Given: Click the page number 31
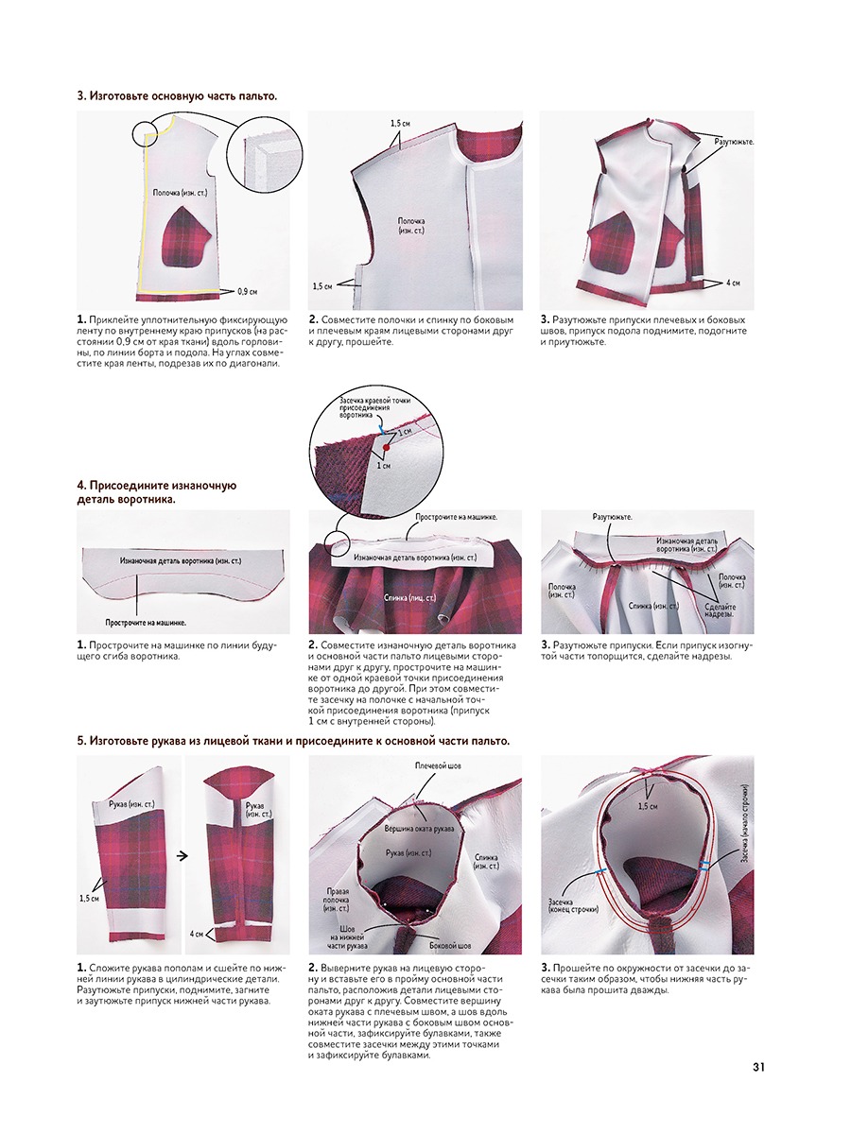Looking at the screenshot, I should tap(757, 1067).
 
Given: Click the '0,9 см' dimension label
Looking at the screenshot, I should tap(249, 291).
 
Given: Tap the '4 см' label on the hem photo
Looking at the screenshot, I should tap(733, 283).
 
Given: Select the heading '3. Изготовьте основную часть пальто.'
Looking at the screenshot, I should tap(177, 96).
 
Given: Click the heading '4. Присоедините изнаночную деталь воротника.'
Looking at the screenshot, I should tap(156, 491).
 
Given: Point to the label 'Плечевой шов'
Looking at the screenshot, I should tap(437, 766).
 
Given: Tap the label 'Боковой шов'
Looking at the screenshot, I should tap(450, 945).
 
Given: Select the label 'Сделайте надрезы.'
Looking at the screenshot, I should tap(724, 613).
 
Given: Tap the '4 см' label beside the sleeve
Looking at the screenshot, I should tap(198, 933).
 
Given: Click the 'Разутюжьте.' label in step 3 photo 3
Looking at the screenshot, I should tap(733, 142).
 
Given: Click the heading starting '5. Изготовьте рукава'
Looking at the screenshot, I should tap(293, 741).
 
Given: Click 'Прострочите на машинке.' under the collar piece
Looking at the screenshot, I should tap(145, 623).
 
